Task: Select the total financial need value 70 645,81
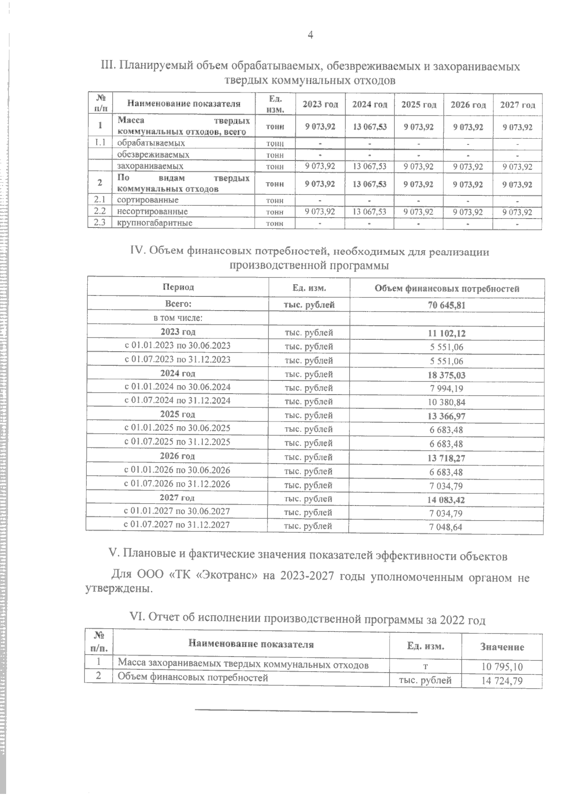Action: tap(447, 305)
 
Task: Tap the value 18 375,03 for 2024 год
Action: tap(447, 375)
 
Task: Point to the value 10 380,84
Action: tap(447, 402)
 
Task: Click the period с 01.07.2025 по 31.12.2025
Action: tap(177, 442)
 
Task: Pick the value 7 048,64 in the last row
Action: tap(447, 527)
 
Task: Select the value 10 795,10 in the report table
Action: tap(502, 667)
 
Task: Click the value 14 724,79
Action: tap(502, 681)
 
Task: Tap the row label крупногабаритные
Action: tap(155, 223)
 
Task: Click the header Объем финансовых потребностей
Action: tap(447, 288)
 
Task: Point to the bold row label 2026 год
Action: tap(177, 456)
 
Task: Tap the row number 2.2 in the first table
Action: tap(100, 211)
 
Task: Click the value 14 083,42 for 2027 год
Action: tap(447, 499)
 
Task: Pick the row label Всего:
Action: tap(178, 304)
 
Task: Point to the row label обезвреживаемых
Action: tap(153, 154)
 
